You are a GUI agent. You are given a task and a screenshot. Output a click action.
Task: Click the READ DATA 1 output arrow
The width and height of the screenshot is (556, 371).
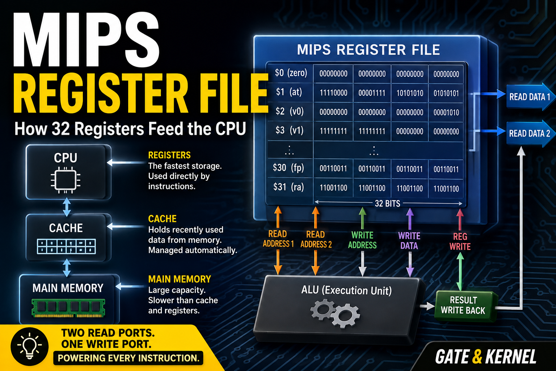[x=530, y=96]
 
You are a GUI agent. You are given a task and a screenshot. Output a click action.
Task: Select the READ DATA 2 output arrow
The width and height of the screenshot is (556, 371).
[x=530, y=133]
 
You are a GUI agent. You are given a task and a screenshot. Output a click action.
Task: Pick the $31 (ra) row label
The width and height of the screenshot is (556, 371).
[x=288, y=187]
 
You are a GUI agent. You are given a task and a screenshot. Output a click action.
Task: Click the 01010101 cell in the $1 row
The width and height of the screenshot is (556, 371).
[x=446, y=93]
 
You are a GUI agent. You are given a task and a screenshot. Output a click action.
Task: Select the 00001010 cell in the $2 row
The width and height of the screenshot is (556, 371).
[x=446, y=113]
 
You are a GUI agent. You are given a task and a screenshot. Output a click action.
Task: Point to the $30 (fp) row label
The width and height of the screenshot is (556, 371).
[x=288, y=168]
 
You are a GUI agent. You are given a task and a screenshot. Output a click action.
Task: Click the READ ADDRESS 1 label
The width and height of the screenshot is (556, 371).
[x=278, y=239]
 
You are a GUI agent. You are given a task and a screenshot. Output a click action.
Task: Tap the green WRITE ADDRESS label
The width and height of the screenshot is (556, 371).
[x=362, y=240]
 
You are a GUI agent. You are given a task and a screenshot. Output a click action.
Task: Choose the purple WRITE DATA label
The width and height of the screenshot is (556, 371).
[x=409, y=241]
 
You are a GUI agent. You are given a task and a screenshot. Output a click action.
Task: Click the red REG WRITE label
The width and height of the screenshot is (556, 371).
[x=460, y=241]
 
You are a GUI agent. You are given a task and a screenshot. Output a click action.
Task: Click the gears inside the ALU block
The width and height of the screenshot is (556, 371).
[x=335, y=313]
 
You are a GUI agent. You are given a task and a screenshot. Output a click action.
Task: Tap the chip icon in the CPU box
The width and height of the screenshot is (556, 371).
[x=66, y=180]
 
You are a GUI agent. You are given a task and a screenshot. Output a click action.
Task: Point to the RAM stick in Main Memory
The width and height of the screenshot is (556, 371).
[x=68, y=308]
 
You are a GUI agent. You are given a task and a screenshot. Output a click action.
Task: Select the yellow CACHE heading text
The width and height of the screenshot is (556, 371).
[x=162, y=219]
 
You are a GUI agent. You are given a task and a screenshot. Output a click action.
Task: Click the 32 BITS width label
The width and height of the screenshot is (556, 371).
[x=387, y=204]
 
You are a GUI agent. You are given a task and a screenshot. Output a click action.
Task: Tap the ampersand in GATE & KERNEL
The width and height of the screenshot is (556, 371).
[x=477, y=357]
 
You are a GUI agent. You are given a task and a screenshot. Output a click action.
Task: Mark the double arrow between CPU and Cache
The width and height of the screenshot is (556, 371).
[x=67, y=207]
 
